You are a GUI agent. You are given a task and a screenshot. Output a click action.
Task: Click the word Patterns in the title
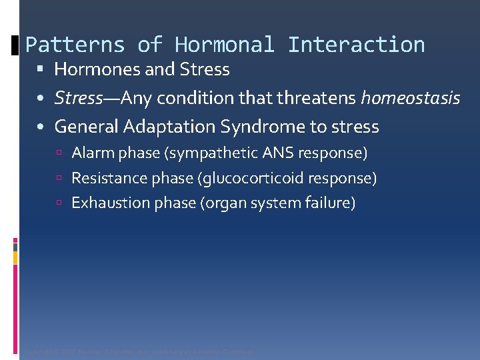(x=75, y=45)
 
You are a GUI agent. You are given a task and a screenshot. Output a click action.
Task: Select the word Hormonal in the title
(x=224, y=45)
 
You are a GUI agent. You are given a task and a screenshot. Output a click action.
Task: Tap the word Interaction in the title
(x=356, y=45)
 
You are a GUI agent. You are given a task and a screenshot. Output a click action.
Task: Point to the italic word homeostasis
(x=410, y=99)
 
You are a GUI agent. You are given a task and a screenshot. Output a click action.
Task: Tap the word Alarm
(x=91, y=153)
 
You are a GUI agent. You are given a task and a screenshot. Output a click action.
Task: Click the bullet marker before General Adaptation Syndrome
(x=41, y=127)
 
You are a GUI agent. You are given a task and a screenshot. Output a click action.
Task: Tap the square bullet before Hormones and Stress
(x=42, y=70)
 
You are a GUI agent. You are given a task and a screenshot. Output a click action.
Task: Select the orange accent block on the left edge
(x=15, y=258)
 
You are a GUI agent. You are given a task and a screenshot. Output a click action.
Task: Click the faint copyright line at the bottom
(x=139, y=352)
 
